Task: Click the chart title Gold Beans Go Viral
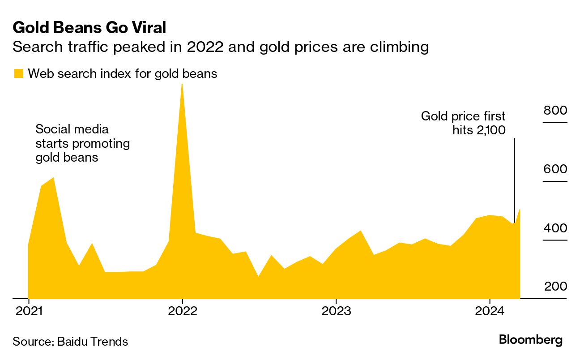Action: (90, 28)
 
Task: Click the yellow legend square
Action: (18, 74)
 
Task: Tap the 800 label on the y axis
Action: (555, 110)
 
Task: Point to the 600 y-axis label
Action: (555, 169)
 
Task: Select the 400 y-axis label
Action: (555, 228)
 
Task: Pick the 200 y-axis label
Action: (555, 287)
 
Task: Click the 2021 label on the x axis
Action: (29, 311)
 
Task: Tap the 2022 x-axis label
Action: (182, 311)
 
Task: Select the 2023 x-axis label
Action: (336, 311)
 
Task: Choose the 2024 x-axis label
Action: (490, 311)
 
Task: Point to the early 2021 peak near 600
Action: (53, 178)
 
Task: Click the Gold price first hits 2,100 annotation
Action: (463, 123)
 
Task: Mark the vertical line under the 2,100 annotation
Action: (515, 179)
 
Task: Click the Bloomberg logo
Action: (531, 340)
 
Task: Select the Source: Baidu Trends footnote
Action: (70, 342)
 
